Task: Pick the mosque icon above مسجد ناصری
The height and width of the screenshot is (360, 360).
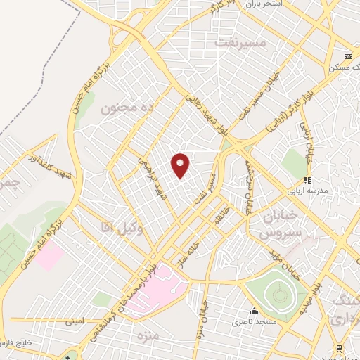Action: point(255,311)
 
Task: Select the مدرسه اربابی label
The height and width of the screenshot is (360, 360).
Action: point(305,190)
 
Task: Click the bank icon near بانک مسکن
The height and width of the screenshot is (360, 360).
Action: point(347,57)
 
